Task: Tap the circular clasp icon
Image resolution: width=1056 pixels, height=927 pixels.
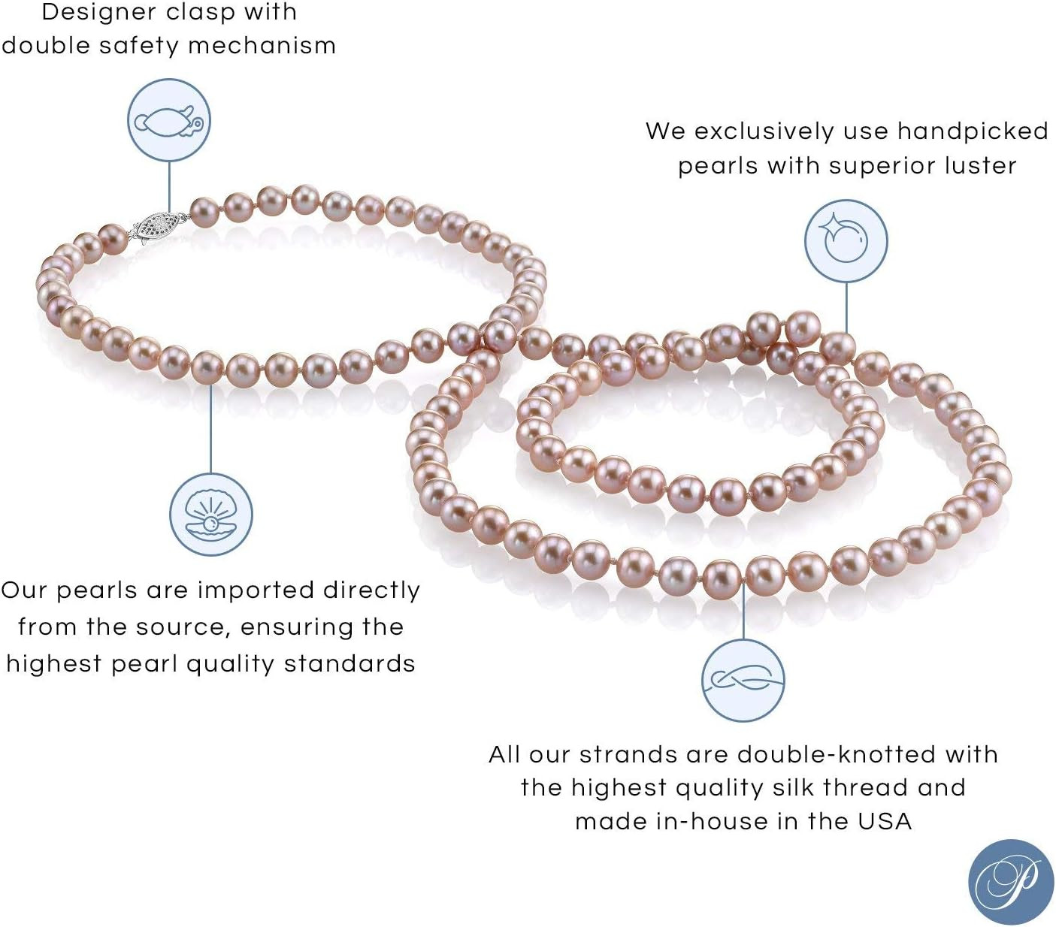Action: coord(169,122)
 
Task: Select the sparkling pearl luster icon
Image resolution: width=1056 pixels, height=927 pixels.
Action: coord(846,241)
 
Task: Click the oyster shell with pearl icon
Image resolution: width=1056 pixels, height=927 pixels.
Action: coord(211,515)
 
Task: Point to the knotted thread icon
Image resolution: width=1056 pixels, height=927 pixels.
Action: coord(743,681)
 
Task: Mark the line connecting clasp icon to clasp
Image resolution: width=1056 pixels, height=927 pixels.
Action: coord(169,187)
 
